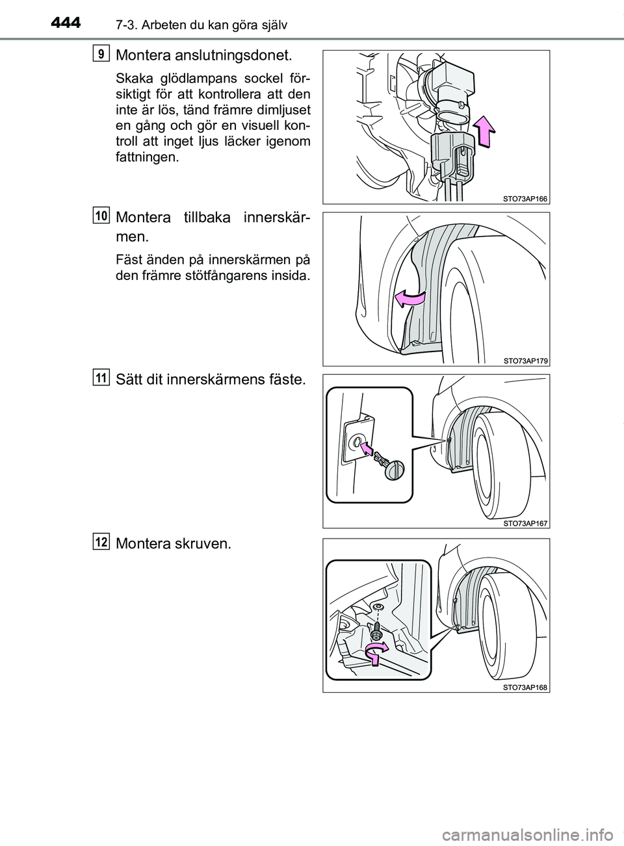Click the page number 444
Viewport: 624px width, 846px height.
[64, 23]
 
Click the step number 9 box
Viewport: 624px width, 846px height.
[100, 55]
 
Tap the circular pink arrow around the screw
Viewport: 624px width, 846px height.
[376, 654]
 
